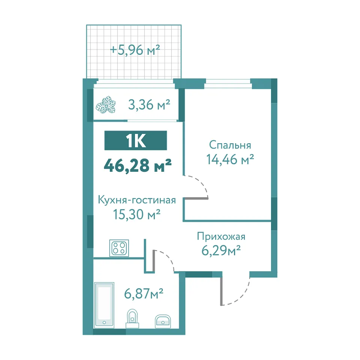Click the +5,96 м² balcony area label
pyautogui.click(x=135, y=50)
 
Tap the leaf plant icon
pyautogui.click(x=106, y=105)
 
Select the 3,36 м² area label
pyautogui.click(x=149, y=105)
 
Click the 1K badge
pyautogui.click(x=136, y=141)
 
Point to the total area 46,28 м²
pyautogui.click(x=138, y=165)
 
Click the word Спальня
pyautogui.click(x=230, y=145)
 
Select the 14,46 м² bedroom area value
pyautogui.click(x=230, y=159)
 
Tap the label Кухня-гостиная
pyautogui.click(x=137, y=200)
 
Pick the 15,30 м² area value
pyautogui.click(x=137, y=214)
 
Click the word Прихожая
pyautogui.click(x=221, y=237)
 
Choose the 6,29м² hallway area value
pyautogui.click(x=221, y=250)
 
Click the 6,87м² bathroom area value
pyautogui.click(x=144, y=293)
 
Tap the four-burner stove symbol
pyautogui.click(x=119, y=248)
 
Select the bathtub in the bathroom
pyautogui.click(x=104, y=304)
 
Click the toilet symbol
pyautogui.click(x=132, y=318)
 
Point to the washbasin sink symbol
pyautogui.click(x=163, y=321)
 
